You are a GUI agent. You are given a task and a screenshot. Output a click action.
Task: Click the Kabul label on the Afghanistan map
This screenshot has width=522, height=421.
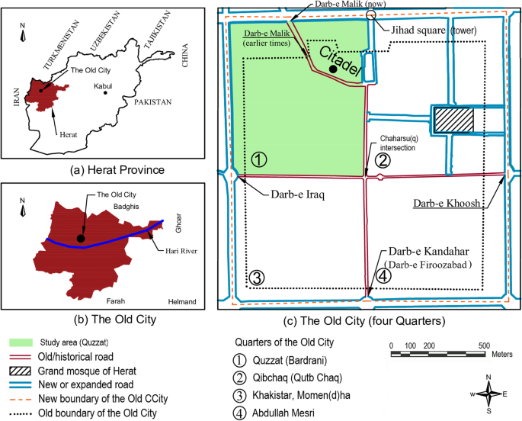(102, 86)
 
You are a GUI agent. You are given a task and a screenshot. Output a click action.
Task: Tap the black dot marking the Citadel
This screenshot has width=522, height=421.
(333, 69)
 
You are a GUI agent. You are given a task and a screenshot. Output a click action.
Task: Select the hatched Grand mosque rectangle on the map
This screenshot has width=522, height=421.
(453, 120)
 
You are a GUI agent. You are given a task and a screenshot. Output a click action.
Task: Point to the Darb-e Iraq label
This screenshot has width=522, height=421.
(296, 194)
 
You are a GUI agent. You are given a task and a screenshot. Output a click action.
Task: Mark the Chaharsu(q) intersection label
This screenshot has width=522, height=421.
(407, 143)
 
